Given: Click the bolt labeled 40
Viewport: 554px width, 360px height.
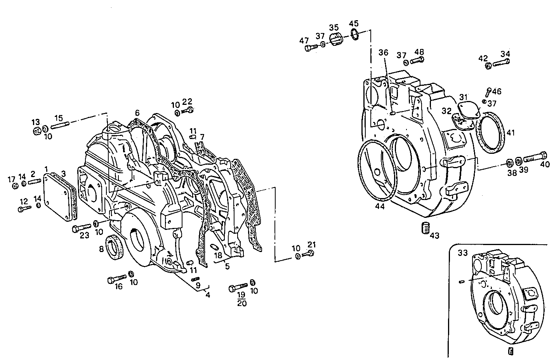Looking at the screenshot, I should (x=535, y=158).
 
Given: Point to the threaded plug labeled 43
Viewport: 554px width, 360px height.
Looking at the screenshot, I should (x=425, y=228).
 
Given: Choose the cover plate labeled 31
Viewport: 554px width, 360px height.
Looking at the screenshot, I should (x=469, y=108).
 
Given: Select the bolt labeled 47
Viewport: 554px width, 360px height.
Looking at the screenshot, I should (x=309, y=49).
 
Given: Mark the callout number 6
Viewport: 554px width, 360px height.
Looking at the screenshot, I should (x=137, y=113).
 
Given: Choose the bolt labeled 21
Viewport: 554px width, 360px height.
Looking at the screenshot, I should (x=309, y=254).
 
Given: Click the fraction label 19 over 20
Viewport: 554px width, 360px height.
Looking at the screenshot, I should (x=241, y=299).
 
